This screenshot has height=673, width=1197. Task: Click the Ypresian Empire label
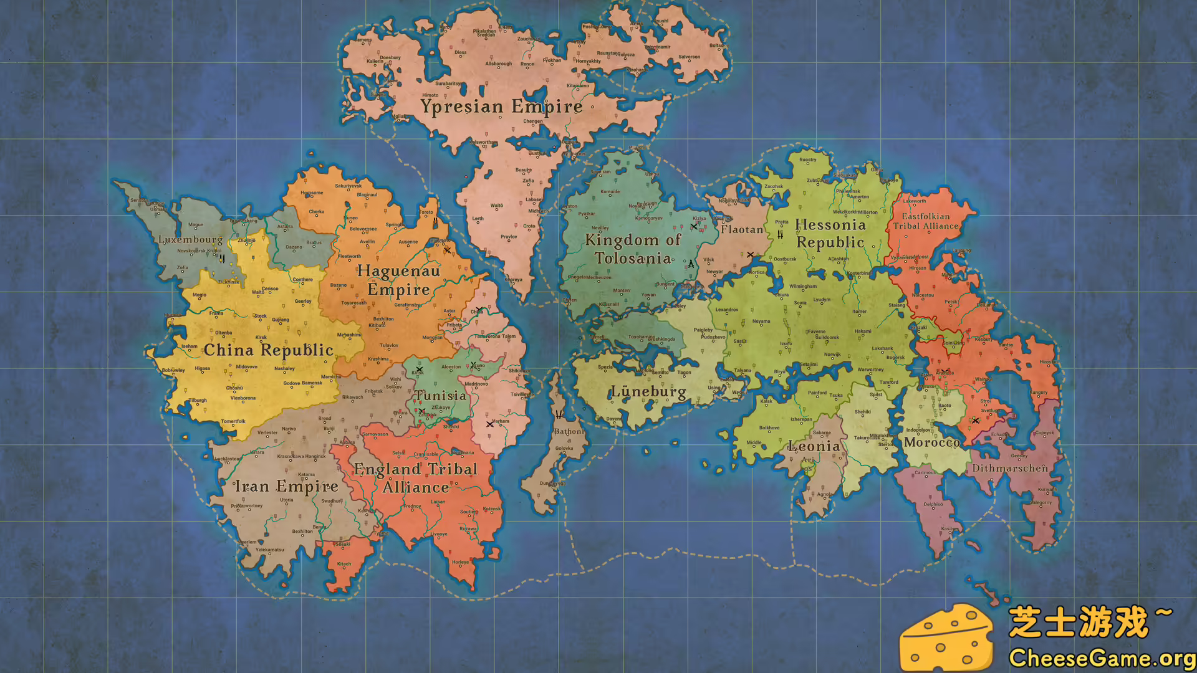(501, 107)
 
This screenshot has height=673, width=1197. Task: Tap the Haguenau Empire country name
(398, 280)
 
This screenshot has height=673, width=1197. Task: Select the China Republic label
(269, 350)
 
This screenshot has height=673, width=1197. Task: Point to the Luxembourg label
(190, 239)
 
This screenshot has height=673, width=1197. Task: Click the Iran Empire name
(286, 486)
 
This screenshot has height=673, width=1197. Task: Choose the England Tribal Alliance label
(416, 478)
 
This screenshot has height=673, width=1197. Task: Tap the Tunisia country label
(441, 396)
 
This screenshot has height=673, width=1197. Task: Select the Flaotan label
(742, 229)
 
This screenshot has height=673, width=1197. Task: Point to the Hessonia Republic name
(830, 234)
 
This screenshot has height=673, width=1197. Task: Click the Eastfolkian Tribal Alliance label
(926, 221)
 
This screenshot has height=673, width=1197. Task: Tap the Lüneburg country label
(648, 392)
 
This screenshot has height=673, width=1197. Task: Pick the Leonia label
(814, 446)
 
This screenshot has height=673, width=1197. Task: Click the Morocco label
(932, 442)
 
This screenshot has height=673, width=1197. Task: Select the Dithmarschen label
(1010, 468)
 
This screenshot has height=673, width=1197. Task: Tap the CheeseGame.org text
(1102, 657)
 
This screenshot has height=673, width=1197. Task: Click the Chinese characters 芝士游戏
(1079, 622)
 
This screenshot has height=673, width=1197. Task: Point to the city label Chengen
(532, 122)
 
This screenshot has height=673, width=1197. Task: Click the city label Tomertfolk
(233, 421)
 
